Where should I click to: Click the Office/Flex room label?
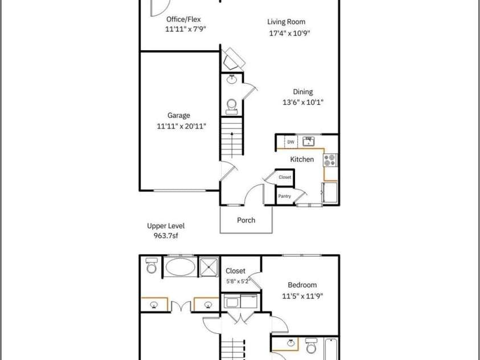pyautogui.click(x=183, y=19)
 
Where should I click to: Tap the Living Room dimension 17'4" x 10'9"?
pyautogui.click(x=290, y=33)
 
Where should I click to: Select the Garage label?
pyautogui.click(x=178, y=116)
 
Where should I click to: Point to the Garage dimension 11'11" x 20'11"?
pyautogui.click(x=181, y=126)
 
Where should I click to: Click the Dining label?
pyautogui.click(x=303, y=92)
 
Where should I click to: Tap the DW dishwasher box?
pyautogui.click(x=291, y=142)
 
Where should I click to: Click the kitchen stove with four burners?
pyautogui.click(x=330, y=160)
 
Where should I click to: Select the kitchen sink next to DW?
pyautogui.click(x=308, y=141)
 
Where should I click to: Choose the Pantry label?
pyautogui.click(x=284, y=196)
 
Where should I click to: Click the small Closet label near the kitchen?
pyautogui.click(x=285, y=177)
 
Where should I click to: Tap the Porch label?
pyautogui.click(x=246, y=220)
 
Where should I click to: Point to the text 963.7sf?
pyautogui.click(x=166, y=236)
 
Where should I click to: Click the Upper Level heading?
pyautogui.click(x=166, y=226)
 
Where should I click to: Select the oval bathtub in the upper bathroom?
pyautogui.click(x=180, y=267)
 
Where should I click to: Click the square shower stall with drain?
pyautogui.click(x=209, y=267)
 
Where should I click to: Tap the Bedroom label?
pyautogui.click(x=302, y=285)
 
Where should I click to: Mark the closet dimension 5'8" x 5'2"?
pyautogui.click(x=238, y=281)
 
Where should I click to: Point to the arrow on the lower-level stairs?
pyautogui.click(x=232, y=144)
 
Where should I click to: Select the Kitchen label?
pyautogui.click(x=302, y=159)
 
